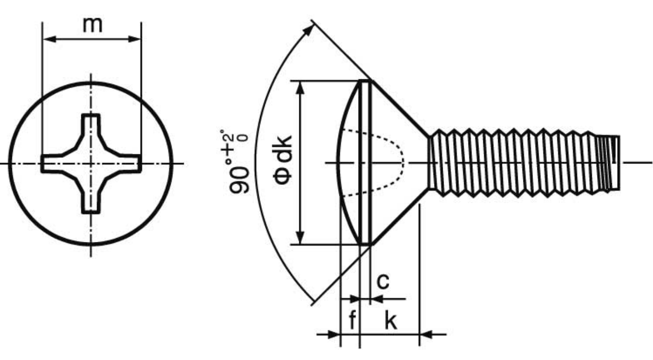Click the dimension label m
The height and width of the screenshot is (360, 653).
(92, 26)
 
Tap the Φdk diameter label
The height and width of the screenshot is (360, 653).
(283, 160)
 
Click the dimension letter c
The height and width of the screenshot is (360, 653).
(383, 281)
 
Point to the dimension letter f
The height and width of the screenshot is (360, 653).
(352, 320)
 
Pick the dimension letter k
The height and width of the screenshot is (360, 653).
(391, 320)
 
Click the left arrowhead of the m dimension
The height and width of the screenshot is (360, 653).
(49, 39)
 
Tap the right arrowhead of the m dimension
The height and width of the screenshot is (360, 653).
(135, 39)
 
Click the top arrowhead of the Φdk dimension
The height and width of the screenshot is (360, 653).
(300, 87)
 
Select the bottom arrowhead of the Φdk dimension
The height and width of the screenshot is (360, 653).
(300, 238)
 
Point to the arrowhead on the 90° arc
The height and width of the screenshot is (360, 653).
(309, 30)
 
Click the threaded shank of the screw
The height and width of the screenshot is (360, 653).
(522, 163)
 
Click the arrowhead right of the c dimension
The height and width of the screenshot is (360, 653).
(377, 299)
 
